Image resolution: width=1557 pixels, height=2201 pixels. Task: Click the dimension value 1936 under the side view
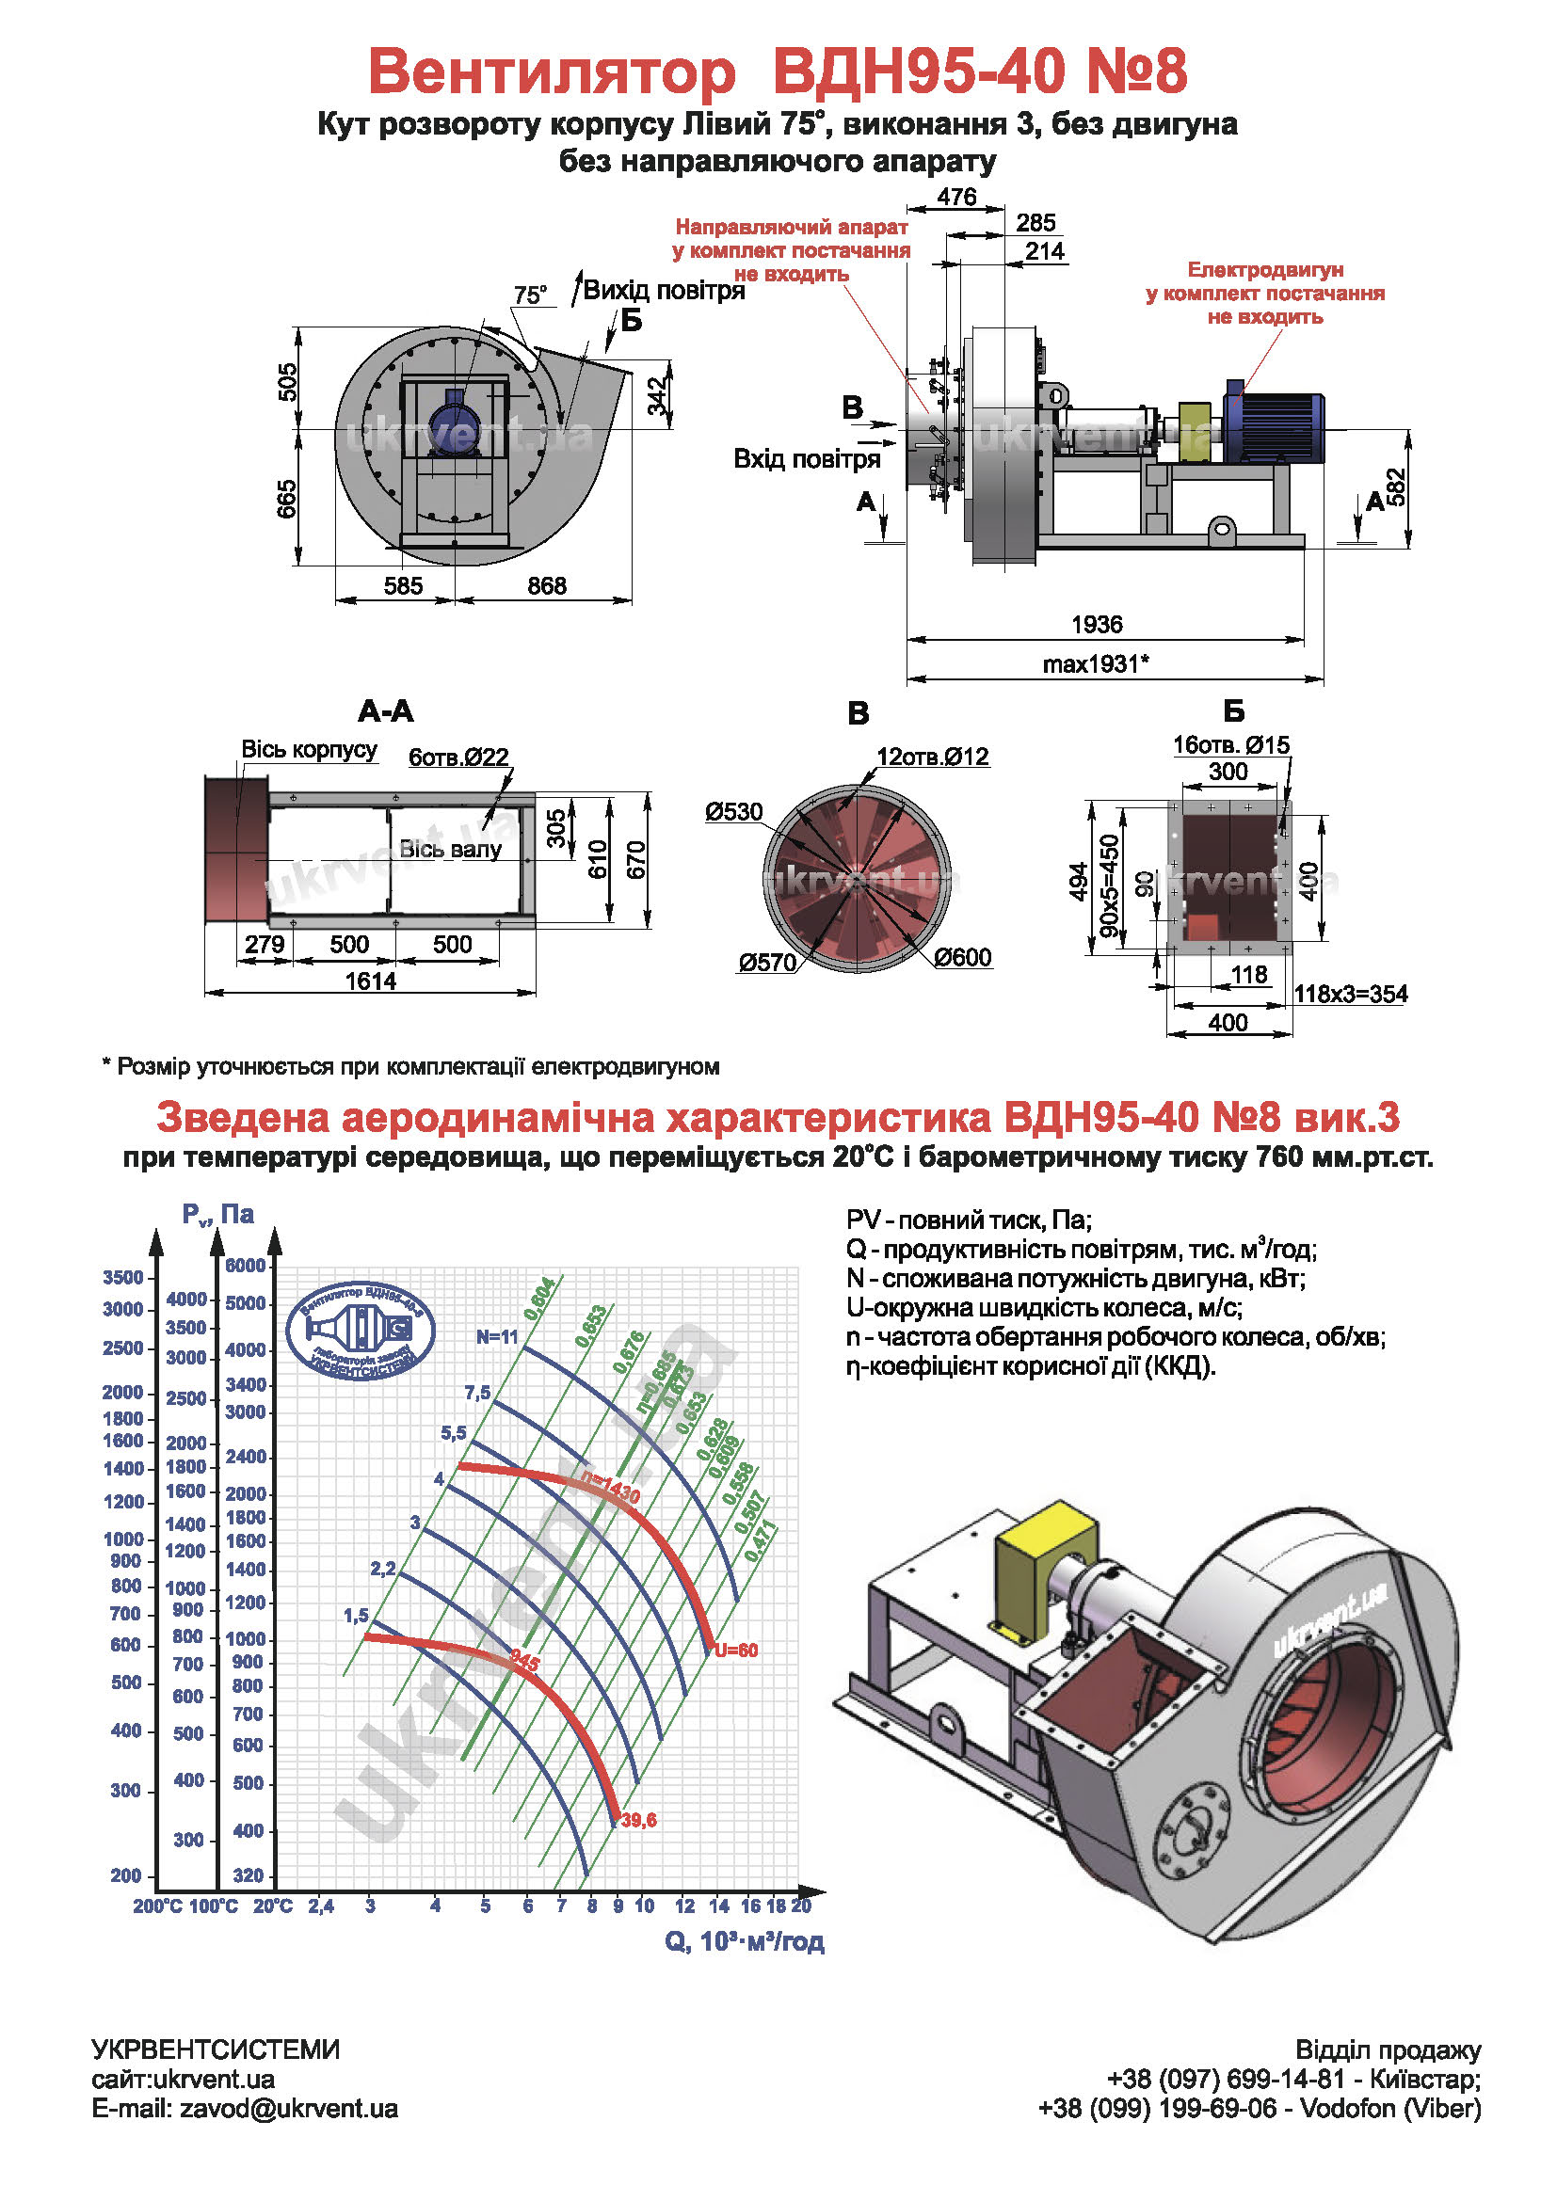1096,625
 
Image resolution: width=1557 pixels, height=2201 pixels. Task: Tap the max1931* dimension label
1095,663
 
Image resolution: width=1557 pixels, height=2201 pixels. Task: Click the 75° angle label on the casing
530,295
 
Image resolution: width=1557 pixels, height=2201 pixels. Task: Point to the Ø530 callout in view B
733,812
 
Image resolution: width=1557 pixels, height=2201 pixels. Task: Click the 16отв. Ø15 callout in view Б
1231,745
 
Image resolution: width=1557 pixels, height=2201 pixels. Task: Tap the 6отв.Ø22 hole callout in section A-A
458,758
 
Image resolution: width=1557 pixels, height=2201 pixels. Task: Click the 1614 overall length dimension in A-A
370,981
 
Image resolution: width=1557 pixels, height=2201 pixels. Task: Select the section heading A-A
385,711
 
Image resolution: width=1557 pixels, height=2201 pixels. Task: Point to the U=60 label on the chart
735,1650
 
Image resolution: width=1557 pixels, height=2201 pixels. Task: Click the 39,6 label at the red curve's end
638,1821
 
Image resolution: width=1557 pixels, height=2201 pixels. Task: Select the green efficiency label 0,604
538,1298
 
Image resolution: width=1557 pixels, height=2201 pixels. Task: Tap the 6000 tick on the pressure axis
246,1266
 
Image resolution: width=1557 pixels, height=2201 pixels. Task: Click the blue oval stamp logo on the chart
361,1331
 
